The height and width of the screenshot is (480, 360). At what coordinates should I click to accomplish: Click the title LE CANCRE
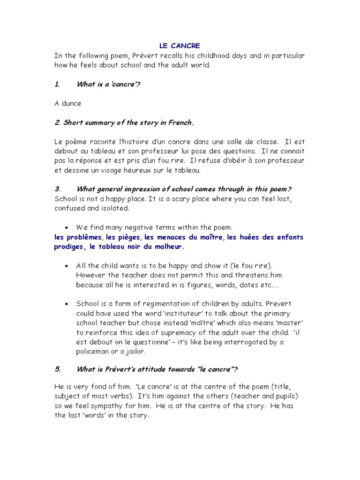pyautogui.click(x=180, y=45)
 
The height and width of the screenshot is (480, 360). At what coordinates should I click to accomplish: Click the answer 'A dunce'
pyautogui.click(x=68, y=103)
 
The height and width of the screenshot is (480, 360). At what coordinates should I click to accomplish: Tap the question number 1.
pyautogui.click(x=57, y=84)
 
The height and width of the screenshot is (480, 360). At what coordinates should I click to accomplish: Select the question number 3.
pyautogui.click(x=57, y=189)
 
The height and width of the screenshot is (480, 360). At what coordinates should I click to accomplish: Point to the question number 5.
pyautogui.click(x=57, y=369)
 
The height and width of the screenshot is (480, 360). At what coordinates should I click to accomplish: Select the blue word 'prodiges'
pyautogui.click(x=69, y=247)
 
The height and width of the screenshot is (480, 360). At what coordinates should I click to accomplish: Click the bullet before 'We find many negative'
pyautogui.click(x=68, y=227)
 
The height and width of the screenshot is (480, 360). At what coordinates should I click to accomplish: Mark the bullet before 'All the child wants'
pyautogui.click(x=68, y=266)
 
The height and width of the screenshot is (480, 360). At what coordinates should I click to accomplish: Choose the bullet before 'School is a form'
pyautogui.click(x=68, y=304)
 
